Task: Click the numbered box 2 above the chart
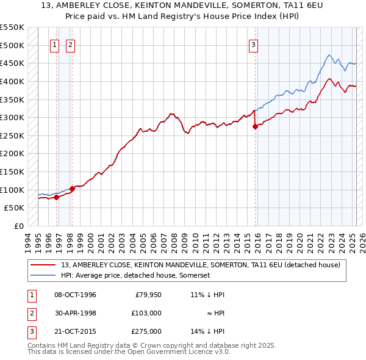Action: tap(71, 44)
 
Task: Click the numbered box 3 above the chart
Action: tap(253, 44)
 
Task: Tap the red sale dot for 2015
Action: tap(256, 127)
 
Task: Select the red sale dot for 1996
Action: tap(56, 197)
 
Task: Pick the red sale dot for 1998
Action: tap(72, 189)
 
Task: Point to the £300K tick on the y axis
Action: tap(12, 117)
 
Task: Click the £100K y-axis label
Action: tap(12, 190)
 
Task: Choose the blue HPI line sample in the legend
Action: tap(43, 275)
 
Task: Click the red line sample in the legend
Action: tap(43, 265)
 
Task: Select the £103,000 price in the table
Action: tap(146, 313)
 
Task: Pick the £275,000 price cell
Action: tap(146, 331)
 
